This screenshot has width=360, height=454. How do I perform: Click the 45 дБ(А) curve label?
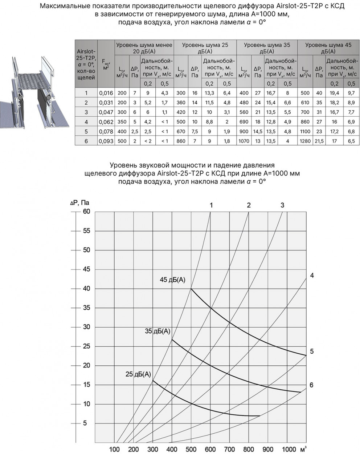(x=173, y=280)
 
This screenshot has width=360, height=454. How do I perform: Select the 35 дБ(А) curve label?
(x=157, y=331)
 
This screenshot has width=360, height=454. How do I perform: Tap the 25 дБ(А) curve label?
(x=138, y=374)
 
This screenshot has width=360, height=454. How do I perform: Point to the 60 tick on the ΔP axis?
(x=86, y=212)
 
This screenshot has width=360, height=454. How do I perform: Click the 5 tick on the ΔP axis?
(x=85, y=423)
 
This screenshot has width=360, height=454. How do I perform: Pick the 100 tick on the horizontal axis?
(x=114, y=449)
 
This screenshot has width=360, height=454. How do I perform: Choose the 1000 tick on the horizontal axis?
(x=289, y=449)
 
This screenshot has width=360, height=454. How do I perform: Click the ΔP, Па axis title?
(x=80, y=202)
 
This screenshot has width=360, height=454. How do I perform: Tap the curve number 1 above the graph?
(x=211, y=205)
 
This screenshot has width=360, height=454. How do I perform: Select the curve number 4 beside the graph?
(x=312, y=275)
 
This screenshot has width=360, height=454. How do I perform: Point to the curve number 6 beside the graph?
(x=311, y=385)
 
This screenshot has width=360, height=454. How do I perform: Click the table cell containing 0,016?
(x=106, y=93)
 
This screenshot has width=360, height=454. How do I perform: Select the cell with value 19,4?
(x=334, y=93)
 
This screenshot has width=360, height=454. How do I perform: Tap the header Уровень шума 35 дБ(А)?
(x=267, y=48)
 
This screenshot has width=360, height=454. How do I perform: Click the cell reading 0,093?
(x=106, y=141)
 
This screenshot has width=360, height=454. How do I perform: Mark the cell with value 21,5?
(x=319, y=141)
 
